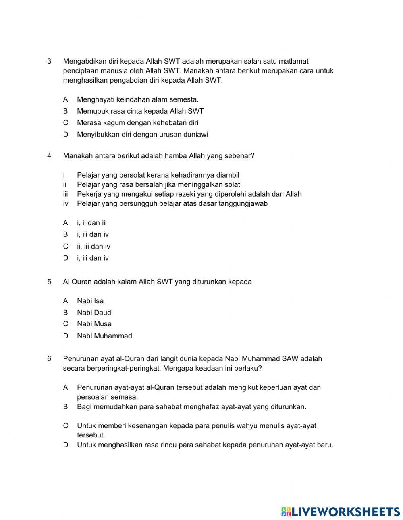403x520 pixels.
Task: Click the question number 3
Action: pos(49,62)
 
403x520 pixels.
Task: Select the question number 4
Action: pos(49,156)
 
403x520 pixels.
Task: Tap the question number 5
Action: pos(49,282)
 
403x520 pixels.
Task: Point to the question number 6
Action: pos(49,359)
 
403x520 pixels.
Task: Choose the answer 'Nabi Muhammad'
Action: pos(104,336)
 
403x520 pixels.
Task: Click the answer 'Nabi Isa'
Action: pos(90,301)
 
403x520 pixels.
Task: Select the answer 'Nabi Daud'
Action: pos(94,313)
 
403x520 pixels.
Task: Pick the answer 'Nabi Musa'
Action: pos(94,324)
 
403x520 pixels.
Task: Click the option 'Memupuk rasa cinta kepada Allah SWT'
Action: pos(140,111)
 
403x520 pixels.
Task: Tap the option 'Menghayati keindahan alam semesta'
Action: pos(138,99)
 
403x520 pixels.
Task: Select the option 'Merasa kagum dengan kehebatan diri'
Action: pos(137,123)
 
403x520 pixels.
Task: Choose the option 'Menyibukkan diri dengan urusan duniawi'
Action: pos(142,135)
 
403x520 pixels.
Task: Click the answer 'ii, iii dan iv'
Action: pos(93,247)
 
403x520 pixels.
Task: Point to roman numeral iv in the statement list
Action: pos(66,204)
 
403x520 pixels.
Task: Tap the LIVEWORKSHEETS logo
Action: pos(341,512)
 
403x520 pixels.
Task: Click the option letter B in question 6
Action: pos(65,407)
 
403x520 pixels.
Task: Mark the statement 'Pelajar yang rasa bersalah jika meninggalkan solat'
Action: pos(158,185)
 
